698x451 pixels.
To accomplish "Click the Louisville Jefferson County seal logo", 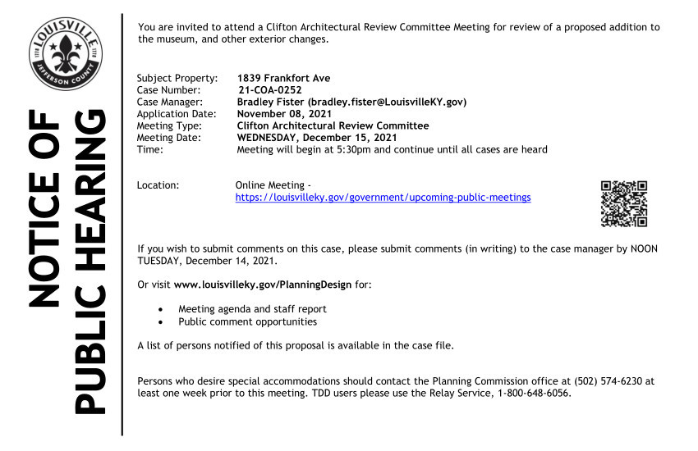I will (66, 52).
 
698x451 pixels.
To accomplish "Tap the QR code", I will (624, 203).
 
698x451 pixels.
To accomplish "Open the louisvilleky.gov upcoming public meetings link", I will (383, 198).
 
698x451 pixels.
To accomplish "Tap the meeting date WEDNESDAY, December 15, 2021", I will (316, 138).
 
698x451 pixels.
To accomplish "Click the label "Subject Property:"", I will (177, 79).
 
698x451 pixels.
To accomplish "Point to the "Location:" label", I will (158, 185).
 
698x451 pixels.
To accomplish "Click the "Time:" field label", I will (150, 149).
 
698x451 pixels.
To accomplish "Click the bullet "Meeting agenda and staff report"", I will (252, 309).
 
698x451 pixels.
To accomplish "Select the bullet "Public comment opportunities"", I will (247, 321).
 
